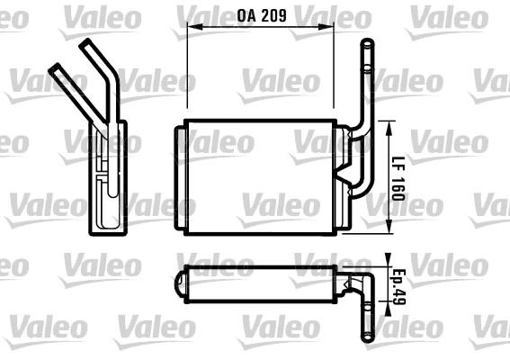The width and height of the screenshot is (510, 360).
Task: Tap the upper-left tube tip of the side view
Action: tap(55, 67)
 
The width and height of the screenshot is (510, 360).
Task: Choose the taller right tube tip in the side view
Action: tap(87, 45)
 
